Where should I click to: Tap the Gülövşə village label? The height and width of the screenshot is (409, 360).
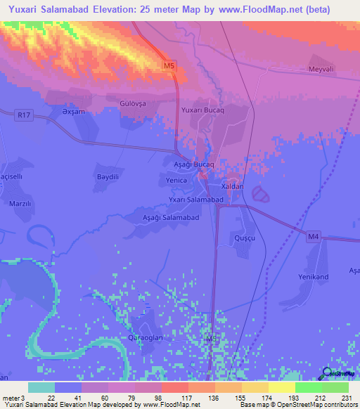coord(131,103)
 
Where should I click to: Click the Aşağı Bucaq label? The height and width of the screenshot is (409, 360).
coord(193,163)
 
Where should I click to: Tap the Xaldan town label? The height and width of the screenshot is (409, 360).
coord(232,186)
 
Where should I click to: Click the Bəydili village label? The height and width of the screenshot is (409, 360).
coord(108,176)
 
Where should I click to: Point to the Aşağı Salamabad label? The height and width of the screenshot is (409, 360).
coord(172,218)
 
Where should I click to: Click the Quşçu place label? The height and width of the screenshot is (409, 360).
coord(243,239)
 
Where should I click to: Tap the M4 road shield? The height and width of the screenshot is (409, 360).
coord(313,238)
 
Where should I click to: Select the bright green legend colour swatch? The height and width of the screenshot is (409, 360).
coord(308,387)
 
